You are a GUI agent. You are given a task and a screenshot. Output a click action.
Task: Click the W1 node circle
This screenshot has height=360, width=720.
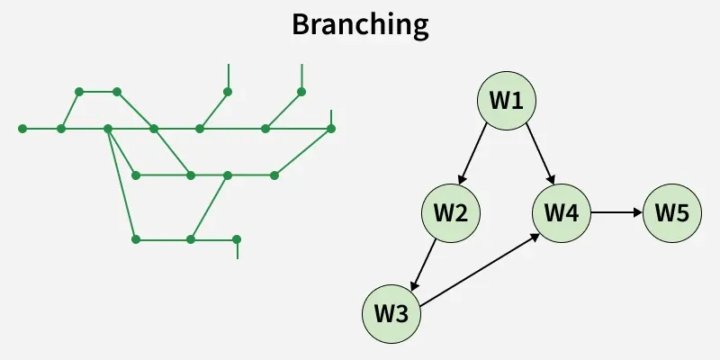pos(507,100)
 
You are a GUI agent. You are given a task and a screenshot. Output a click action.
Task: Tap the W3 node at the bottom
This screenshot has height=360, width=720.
pos(391,314)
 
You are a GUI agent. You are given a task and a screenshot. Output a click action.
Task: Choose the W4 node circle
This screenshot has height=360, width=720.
pos(562,213)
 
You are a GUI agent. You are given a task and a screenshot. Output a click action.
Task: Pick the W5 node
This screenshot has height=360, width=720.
pos(672,213)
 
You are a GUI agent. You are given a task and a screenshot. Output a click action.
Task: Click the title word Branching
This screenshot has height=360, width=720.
pos(360,25)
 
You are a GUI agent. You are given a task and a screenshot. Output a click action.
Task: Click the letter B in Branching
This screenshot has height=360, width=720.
pos(301,25)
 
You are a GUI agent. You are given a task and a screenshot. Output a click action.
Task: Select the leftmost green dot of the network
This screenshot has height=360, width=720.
pos(22,129)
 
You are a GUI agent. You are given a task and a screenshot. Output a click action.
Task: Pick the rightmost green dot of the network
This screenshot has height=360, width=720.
pos(331,129)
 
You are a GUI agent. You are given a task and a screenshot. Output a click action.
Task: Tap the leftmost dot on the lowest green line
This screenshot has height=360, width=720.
pos(136,239)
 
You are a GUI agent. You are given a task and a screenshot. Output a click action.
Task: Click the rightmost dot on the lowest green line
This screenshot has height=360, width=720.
pos(237,239)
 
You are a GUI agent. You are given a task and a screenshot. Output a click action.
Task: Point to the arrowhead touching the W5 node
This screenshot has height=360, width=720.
pos(638,213)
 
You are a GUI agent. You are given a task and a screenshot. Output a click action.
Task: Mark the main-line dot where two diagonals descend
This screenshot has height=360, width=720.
pos(108,129)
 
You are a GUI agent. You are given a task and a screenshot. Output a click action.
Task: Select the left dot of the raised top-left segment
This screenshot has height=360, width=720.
pos(79,92)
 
